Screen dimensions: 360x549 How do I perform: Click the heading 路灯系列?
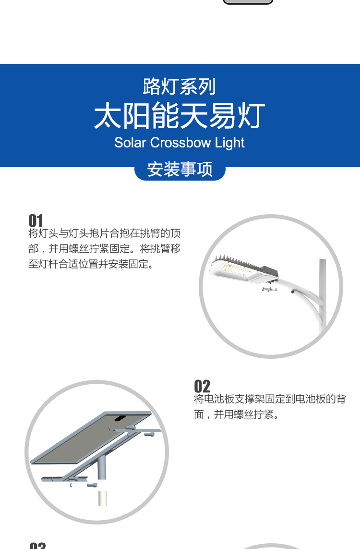point(179,86)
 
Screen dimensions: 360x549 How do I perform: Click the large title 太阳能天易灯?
point(180,116)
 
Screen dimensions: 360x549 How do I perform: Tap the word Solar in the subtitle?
point(130,143)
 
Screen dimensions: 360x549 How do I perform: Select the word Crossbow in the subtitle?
point(180,143)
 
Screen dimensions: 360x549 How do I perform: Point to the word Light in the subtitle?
point(230,143)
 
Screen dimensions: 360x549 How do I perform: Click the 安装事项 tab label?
point(180,169)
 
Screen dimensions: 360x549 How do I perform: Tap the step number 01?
point(36,220)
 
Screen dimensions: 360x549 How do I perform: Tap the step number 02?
point(202,386)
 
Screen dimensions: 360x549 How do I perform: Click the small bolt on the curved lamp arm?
point(293,291)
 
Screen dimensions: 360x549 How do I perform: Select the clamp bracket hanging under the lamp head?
point(269,289)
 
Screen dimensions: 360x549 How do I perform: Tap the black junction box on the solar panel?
point(120,418)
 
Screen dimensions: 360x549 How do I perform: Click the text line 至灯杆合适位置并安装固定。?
point(91,264)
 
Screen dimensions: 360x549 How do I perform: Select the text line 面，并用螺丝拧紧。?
point(237,415)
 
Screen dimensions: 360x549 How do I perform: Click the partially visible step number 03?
point(38,546)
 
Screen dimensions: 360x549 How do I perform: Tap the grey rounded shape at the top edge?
point(248,2)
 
